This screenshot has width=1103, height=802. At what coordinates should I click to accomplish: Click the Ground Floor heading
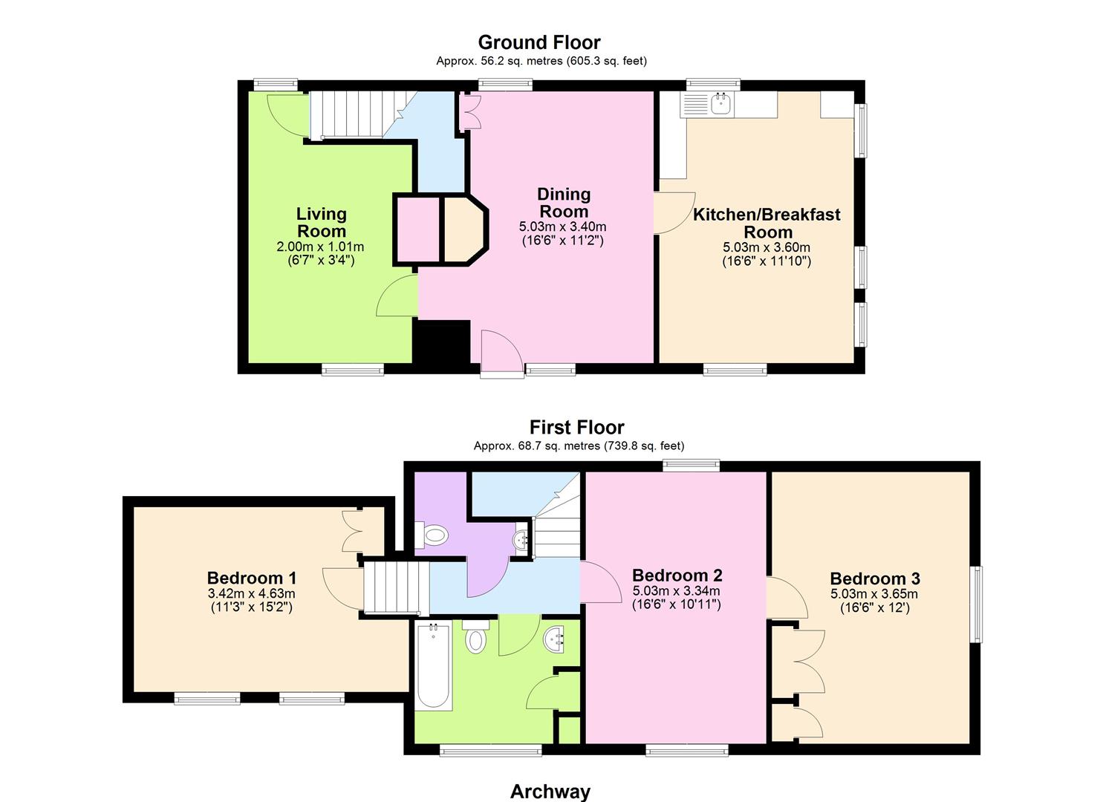539,42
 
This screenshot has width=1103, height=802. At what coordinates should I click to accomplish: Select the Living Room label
322,223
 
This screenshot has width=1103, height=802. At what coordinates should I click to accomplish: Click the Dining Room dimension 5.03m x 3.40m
563,227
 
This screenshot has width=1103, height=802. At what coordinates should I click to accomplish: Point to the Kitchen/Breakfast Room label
767,223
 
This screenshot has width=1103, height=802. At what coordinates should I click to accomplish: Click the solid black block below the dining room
441,342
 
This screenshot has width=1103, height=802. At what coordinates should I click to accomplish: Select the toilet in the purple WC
432,535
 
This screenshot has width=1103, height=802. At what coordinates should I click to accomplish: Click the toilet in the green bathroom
476,636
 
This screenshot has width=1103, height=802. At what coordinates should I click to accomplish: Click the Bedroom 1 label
252,578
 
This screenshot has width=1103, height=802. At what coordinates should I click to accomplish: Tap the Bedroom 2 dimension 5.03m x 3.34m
676,591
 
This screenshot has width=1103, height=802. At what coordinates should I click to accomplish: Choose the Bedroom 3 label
875,578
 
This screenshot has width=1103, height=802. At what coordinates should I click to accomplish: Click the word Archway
550,778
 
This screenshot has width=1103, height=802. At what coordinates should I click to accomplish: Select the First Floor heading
576,427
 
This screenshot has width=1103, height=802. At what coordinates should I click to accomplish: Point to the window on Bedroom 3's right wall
977,604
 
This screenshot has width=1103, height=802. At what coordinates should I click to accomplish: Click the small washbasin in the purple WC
520,540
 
